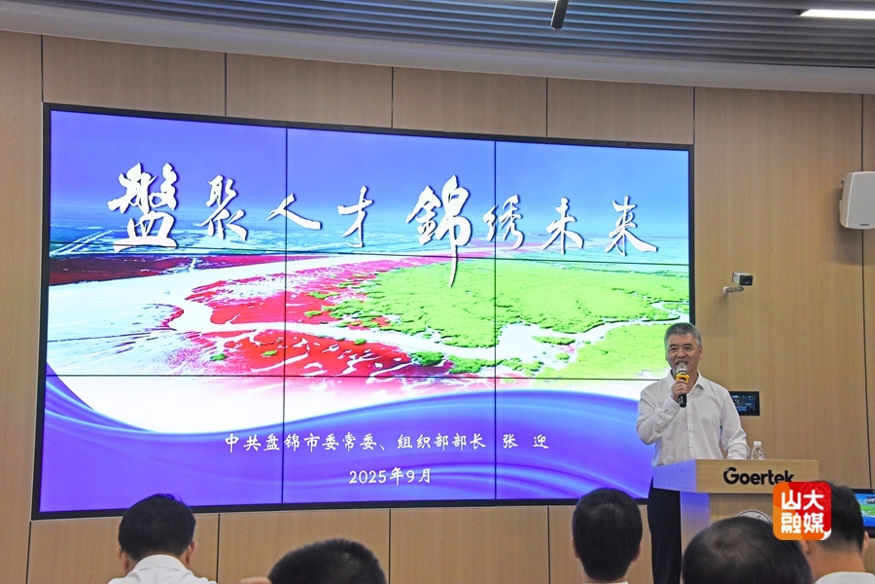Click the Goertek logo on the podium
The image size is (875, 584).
[758, 476]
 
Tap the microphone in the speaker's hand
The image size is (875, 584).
[682, 383]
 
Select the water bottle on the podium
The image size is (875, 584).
[756, 451]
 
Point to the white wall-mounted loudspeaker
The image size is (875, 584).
[857, 200]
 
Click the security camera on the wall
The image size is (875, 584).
[739, 281]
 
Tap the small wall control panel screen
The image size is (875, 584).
[745, 402]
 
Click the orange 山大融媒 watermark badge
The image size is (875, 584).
[801, 510]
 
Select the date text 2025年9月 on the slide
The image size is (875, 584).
[390, 476]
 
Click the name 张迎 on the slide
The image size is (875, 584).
[525, 442]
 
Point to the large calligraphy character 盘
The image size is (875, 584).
[145, 208]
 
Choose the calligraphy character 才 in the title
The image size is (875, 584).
[356, 216]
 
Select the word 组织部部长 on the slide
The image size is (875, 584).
[440, 442]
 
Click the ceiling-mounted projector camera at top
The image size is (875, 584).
[559, 14]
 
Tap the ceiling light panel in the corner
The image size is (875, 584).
[838, 12]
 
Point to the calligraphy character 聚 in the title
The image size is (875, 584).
[225, 209]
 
